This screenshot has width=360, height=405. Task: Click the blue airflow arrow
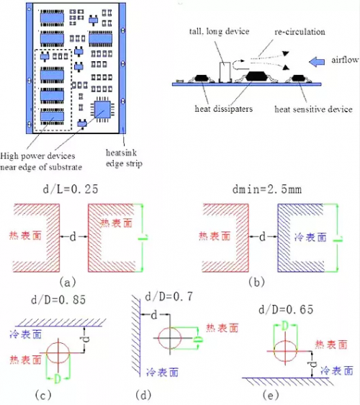pos(317,62)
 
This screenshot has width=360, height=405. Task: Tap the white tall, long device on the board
pos(225,72)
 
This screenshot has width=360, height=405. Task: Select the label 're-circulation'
pos(300,32)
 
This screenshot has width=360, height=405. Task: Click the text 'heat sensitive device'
pos(313,110)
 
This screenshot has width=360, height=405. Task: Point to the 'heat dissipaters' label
pos(223,109)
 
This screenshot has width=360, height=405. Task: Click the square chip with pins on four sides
pos(102,110)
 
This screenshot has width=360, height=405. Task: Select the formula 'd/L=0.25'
pos(71,189)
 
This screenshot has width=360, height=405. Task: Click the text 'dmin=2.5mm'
pos(267,190)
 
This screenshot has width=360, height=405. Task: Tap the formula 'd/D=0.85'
pos(58,300)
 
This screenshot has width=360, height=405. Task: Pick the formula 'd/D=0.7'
pos(168,296)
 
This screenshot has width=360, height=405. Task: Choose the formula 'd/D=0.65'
pos(286,309)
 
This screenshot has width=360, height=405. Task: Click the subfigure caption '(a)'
pos(68,282)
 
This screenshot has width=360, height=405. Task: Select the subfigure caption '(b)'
pos(257,282)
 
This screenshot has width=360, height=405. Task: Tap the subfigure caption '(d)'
pos(143,395)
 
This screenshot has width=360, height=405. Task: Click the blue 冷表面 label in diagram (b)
pos(310,237)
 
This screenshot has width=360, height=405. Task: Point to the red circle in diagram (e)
pos(274,352)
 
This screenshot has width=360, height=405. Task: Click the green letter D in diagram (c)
pos(58,378)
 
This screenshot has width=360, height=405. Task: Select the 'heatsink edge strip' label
pos(124,158)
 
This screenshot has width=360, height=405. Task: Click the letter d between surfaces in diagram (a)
pos(73,236)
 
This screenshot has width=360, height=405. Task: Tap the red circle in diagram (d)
pos(158,338)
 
